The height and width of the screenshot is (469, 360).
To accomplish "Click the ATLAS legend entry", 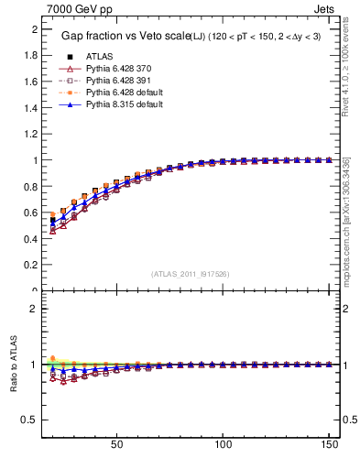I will pyautogui.click(x=101, y=57).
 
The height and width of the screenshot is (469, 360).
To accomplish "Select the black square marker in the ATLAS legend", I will pyautogui.click(x=69, y=57).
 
